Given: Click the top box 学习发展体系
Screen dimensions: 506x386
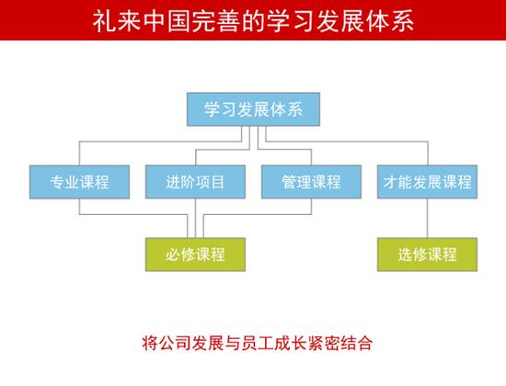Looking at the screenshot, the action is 253,109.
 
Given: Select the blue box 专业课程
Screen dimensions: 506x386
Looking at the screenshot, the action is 79,182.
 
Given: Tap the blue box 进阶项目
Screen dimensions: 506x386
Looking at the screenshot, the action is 195,182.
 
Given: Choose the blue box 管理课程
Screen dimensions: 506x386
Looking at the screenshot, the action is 311,182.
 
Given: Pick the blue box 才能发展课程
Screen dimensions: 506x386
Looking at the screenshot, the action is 427,182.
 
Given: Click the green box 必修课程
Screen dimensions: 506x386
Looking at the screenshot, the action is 195,255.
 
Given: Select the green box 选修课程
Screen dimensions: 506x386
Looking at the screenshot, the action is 427,255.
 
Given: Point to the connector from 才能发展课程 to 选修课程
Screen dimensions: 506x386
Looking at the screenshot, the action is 428,219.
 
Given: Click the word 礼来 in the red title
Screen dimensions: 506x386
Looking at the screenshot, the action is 117,21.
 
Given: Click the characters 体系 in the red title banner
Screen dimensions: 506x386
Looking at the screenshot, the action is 390,21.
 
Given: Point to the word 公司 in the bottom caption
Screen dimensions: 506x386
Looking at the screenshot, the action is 176,343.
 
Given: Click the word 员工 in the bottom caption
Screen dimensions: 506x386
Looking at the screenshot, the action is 258,343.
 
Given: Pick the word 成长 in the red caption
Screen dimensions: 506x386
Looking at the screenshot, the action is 291,343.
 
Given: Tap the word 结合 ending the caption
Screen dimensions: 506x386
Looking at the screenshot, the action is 357,343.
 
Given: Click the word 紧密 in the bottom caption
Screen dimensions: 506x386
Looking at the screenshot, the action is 324,343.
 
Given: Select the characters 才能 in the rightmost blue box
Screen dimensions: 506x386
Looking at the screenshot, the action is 397,182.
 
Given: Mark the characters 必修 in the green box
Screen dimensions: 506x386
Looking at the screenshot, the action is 180,255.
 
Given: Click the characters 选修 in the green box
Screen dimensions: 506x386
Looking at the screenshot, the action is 412,255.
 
